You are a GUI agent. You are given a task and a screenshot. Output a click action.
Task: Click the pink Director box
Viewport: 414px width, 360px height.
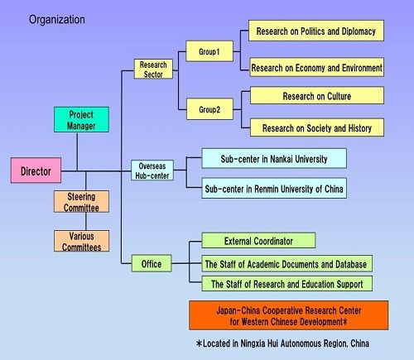pos(36,170)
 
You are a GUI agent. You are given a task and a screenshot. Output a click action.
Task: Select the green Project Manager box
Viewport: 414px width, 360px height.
pos(81,119)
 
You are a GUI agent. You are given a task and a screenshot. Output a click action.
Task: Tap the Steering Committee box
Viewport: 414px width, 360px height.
pos(81,201)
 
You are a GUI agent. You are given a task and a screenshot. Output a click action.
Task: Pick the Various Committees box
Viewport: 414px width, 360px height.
pos(81,241)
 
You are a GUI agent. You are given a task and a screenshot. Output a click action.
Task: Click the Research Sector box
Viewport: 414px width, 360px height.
pos(153,69)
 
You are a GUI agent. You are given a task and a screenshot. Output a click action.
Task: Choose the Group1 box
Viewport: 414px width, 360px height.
pos(209,51)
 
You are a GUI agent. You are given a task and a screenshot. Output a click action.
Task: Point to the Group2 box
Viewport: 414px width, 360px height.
pos(209,109)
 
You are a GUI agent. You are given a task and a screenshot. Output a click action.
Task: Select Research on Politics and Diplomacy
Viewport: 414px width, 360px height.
pos(316,31)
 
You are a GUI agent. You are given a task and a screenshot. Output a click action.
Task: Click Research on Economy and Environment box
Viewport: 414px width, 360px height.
pos(317,67)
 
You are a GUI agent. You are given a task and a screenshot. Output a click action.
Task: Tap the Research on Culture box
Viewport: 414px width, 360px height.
pos(317,95)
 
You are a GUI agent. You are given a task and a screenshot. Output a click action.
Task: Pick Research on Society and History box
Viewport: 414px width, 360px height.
pos(317,127)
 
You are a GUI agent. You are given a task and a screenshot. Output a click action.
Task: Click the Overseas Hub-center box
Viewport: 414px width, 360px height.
pos(152,170)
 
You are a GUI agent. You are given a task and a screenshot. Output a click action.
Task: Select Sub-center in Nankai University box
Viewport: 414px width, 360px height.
pos(274,158)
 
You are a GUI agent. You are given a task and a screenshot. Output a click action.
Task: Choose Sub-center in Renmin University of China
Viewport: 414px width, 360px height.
pos(274,188)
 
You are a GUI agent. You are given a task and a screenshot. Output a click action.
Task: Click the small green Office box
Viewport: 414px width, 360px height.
pos(152,263)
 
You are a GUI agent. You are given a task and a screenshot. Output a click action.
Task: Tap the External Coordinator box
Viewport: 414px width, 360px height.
pos(258,240)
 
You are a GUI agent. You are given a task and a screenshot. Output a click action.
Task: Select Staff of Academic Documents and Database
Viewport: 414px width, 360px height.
pos(287,263)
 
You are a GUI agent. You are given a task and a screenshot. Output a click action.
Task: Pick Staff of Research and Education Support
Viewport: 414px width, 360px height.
pos(287,283)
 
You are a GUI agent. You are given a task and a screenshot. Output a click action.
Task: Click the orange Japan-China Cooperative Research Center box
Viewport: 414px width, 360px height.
pos(289,315)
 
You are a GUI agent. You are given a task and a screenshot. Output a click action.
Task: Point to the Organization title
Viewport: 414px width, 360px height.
pos(57,20)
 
